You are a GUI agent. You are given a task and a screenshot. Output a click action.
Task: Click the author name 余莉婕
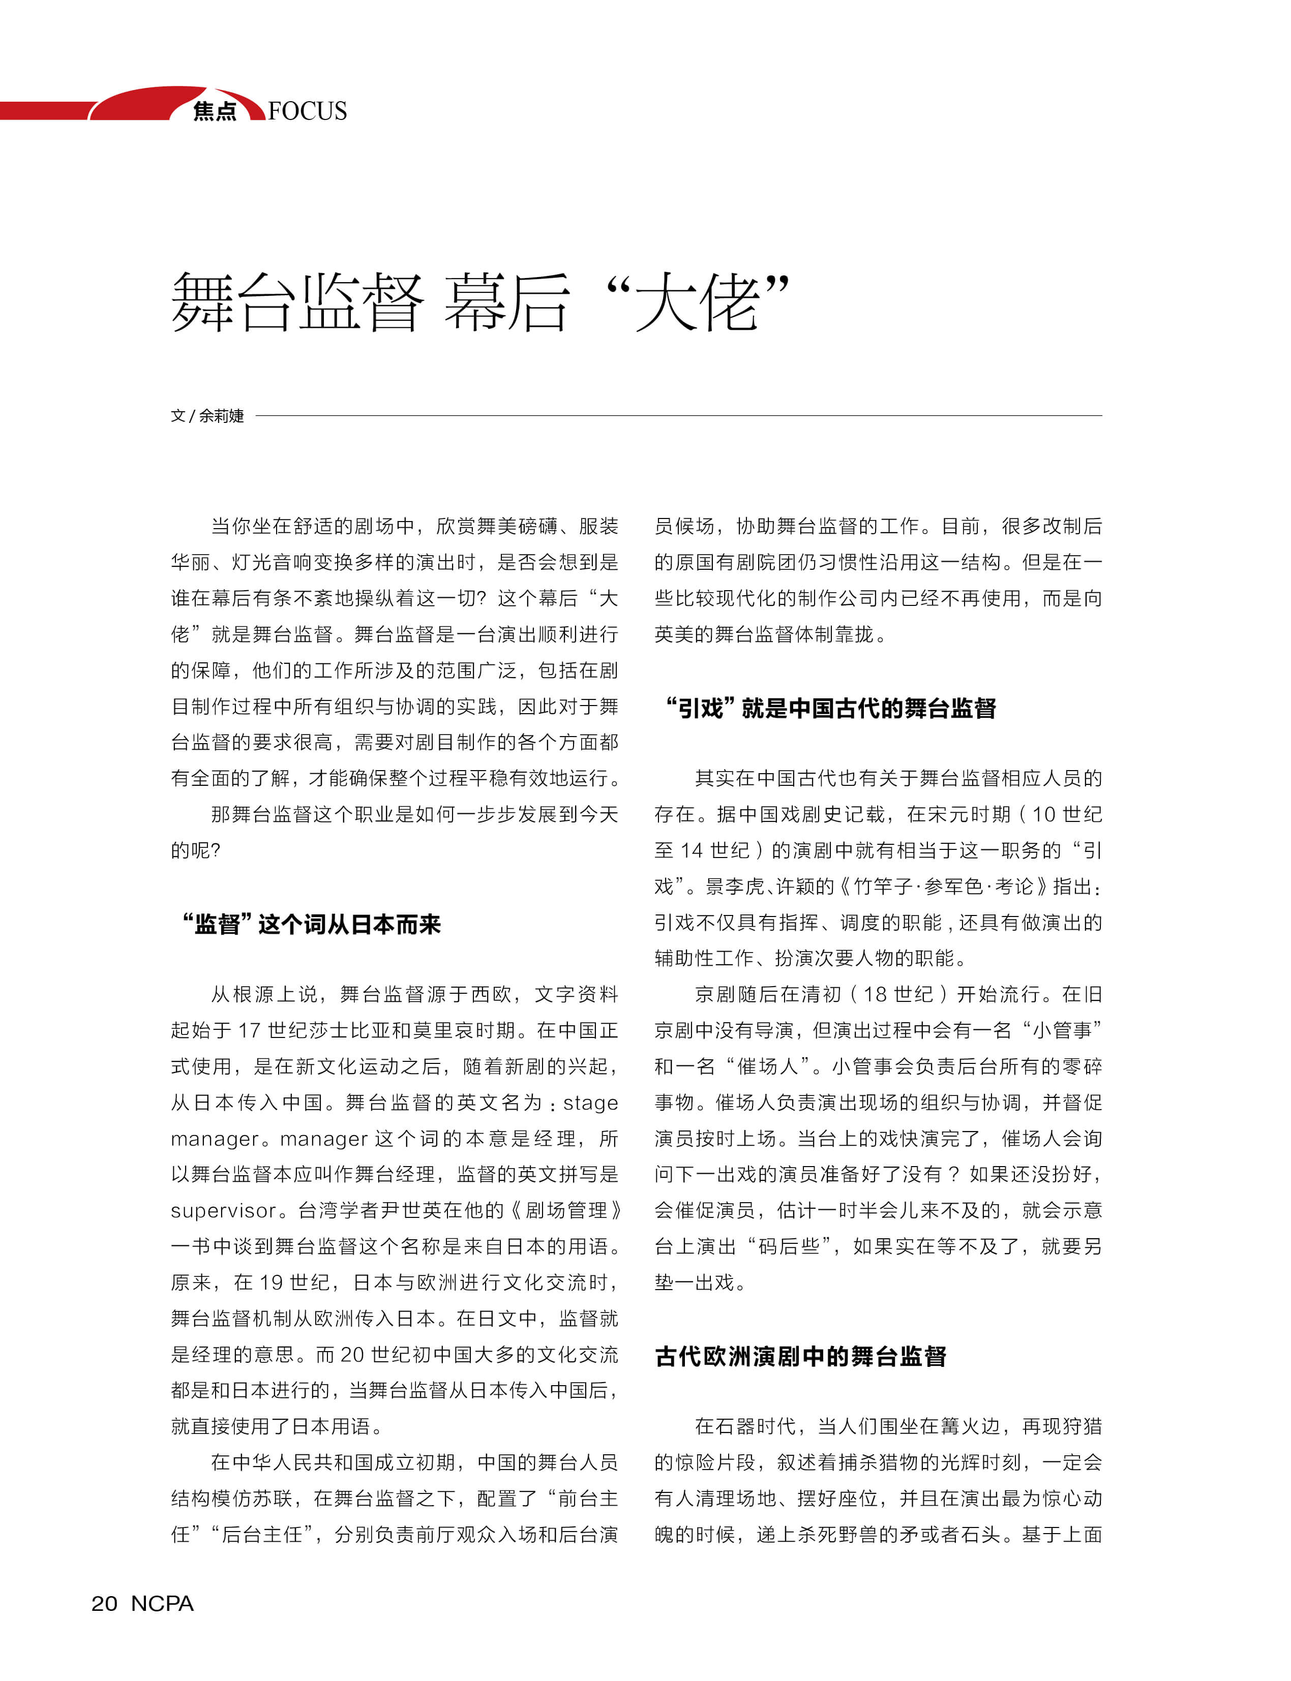coord(221,416)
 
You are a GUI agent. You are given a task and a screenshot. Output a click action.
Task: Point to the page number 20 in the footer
coord(105,1603)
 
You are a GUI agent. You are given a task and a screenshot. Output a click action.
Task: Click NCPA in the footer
coord(162,1603)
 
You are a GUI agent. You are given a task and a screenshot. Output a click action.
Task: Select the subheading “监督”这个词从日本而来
coord(311,924)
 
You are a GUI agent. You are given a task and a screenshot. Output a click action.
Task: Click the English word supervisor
coord(223,1211)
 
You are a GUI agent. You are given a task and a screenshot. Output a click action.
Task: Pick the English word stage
coord(590,1103)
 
